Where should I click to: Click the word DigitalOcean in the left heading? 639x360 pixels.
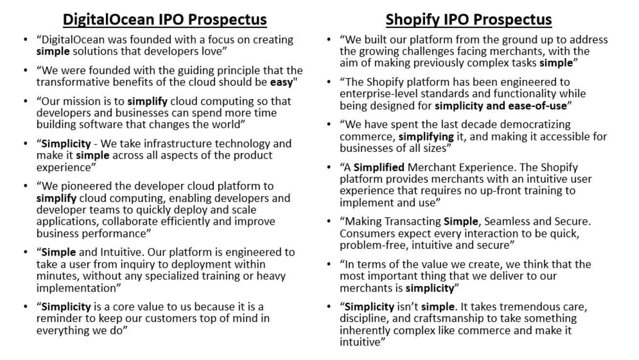[108, 20]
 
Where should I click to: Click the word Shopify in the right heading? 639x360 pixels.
[412, 20]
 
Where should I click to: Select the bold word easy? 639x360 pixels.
[282, 82]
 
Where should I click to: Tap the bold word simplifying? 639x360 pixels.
[426, 137]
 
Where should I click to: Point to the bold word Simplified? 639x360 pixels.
[379, 167]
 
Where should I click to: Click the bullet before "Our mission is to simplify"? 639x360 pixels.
[26, 101]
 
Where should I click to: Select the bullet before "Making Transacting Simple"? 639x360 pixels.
[329, 221]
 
